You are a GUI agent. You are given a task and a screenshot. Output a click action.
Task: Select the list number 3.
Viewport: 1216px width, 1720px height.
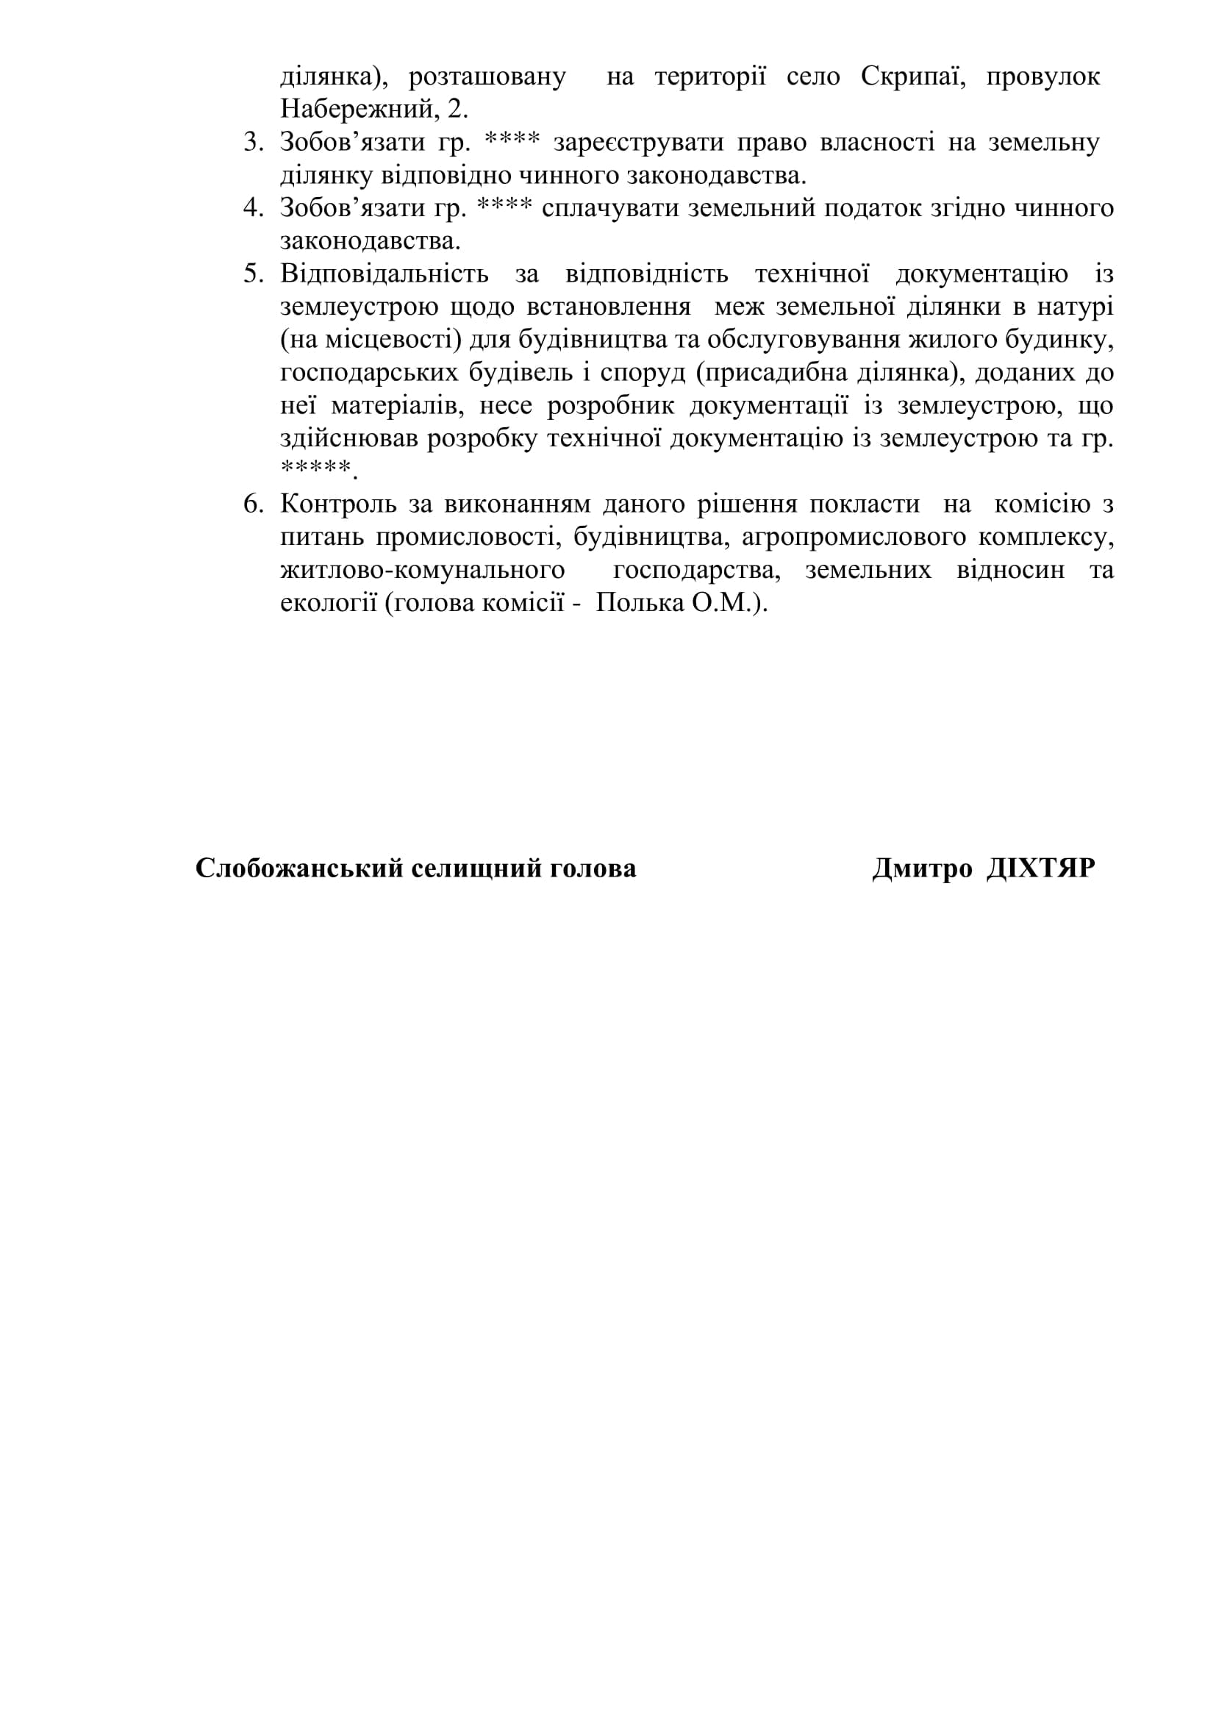254,143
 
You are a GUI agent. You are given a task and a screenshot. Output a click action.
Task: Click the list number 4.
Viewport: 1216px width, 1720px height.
254,208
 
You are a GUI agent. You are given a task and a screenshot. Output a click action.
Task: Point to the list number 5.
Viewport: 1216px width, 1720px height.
254,274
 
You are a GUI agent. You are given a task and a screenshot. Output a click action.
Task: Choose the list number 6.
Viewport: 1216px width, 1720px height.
254,505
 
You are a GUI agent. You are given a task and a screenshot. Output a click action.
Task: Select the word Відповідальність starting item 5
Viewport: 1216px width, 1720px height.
384,274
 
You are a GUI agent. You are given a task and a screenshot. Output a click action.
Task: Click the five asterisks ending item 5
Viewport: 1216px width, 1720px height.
315,470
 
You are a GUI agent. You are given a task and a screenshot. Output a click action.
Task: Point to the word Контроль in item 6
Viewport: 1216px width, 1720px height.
338,505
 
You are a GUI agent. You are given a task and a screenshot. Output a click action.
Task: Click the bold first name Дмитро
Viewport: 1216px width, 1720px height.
922,869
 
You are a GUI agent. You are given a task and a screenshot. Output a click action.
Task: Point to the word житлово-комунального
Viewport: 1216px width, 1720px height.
422,571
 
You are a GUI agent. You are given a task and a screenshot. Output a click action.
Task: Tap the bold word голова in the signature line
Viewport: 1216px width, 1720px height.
593,869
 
